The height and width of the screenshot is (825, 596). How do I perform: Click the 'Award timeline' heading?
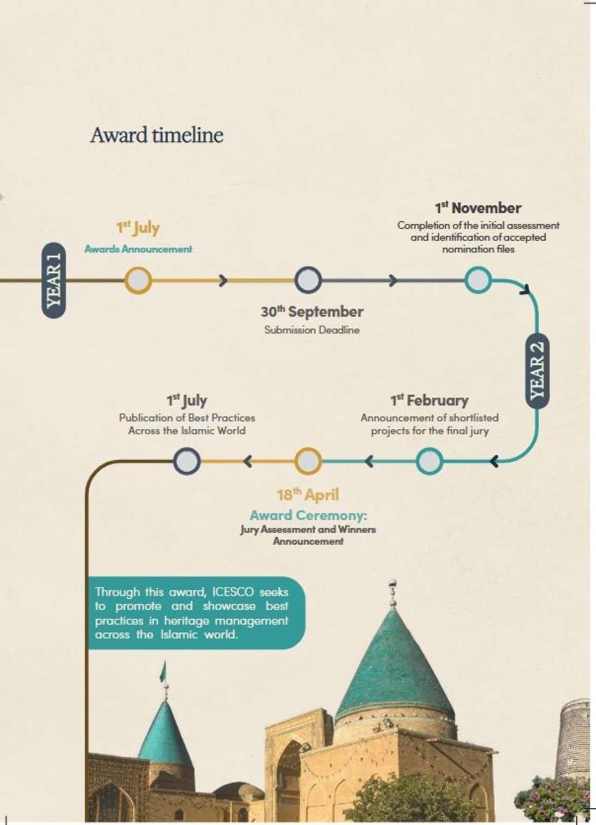click(x=157, y=135)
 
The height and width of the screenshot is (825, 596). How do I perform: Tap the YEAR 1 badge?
click(x=54, y=280)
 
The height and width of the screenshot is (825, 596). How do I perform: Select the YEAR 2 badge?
click(x=537, y=371)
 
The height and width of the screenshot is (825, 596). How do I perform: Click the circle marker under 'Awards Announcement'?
click(x=138, y=280)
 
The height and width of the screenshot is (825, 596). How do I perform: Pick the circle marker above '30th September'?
click(x=308, y=280)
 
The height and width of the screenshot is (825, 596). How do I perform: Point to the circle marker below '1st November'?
click(x=478, y=280)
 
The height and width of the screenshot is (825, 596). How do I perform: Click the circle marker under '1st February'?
click(x=429, y=461)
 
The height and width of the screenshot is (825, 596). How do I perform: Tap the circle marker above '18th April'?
click(x=308, y=461)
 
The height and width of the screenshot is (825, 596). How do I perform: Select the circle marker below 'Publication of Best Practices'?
click(x=187, y=461)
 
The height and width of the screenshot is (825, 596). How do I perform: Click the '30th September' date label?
click(x=312, y=311)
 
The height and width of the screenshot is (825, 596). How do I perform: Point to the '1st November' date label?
click(x=478, y=208)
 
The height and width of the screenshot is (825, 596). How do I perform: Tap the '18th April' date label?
click(x=308, y=494)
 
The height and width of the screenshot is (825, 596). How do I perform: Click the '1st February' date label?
click(x=429, y=400)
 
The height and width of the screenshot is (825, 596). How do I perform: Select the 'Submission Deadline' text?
click(x=312, y=330)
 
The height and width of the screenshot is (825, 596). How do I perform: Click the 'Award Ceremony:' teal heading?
click(x=308, y=515)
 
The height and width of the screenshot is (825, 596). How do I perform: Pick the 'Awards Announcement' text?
click(x=138, y=249)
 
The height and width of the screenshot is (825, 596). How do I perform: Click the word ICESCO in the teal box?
click(x=233, y=592)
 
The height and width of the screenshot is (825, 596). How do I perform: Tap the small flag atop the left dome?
click(x=163, y=672)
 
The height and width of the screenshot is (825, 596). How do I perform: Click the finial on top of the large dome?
click(x=393, y=594)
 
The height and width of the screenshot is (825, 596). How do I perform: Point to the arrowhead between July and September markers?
click(x=223, y=280)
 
